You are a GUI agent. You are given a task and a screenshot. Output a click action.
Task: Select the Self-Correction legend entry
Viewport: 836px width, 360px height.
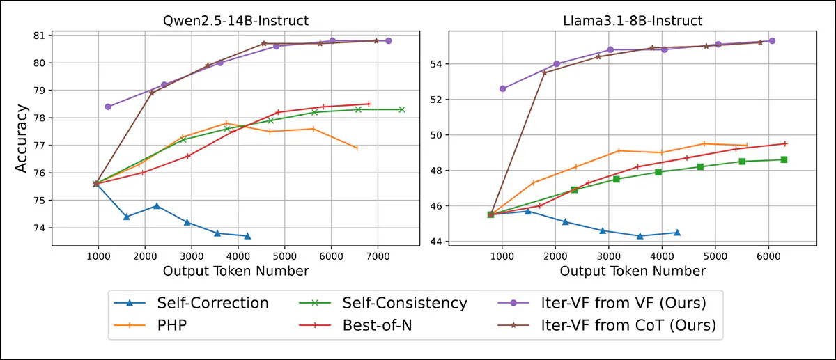pos(212,303)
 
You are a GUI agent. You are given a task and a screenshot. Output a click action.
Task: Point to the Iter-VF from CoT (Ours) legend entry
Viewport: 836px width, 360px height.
pos(628,324)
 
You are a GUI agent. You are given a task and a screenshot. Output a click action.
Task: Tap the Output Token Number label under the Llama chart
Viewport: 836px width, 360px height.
pos(633,271)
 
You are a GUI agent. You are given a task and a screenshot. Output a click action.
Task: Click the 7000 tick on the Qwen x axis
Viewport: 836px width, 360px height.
pos(378,256)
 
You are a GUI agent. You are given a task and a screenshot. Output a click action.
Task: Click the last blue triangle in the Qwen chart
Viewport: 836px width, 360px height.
pos(247,236)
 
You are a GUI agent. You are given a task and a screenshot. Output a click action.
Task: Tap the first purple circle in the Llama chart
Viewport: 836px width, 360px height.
pos(502,88)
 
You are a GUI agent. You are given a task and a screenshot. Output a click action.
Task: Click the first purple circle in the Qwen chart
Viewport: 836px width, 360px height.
pos(107,107)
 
